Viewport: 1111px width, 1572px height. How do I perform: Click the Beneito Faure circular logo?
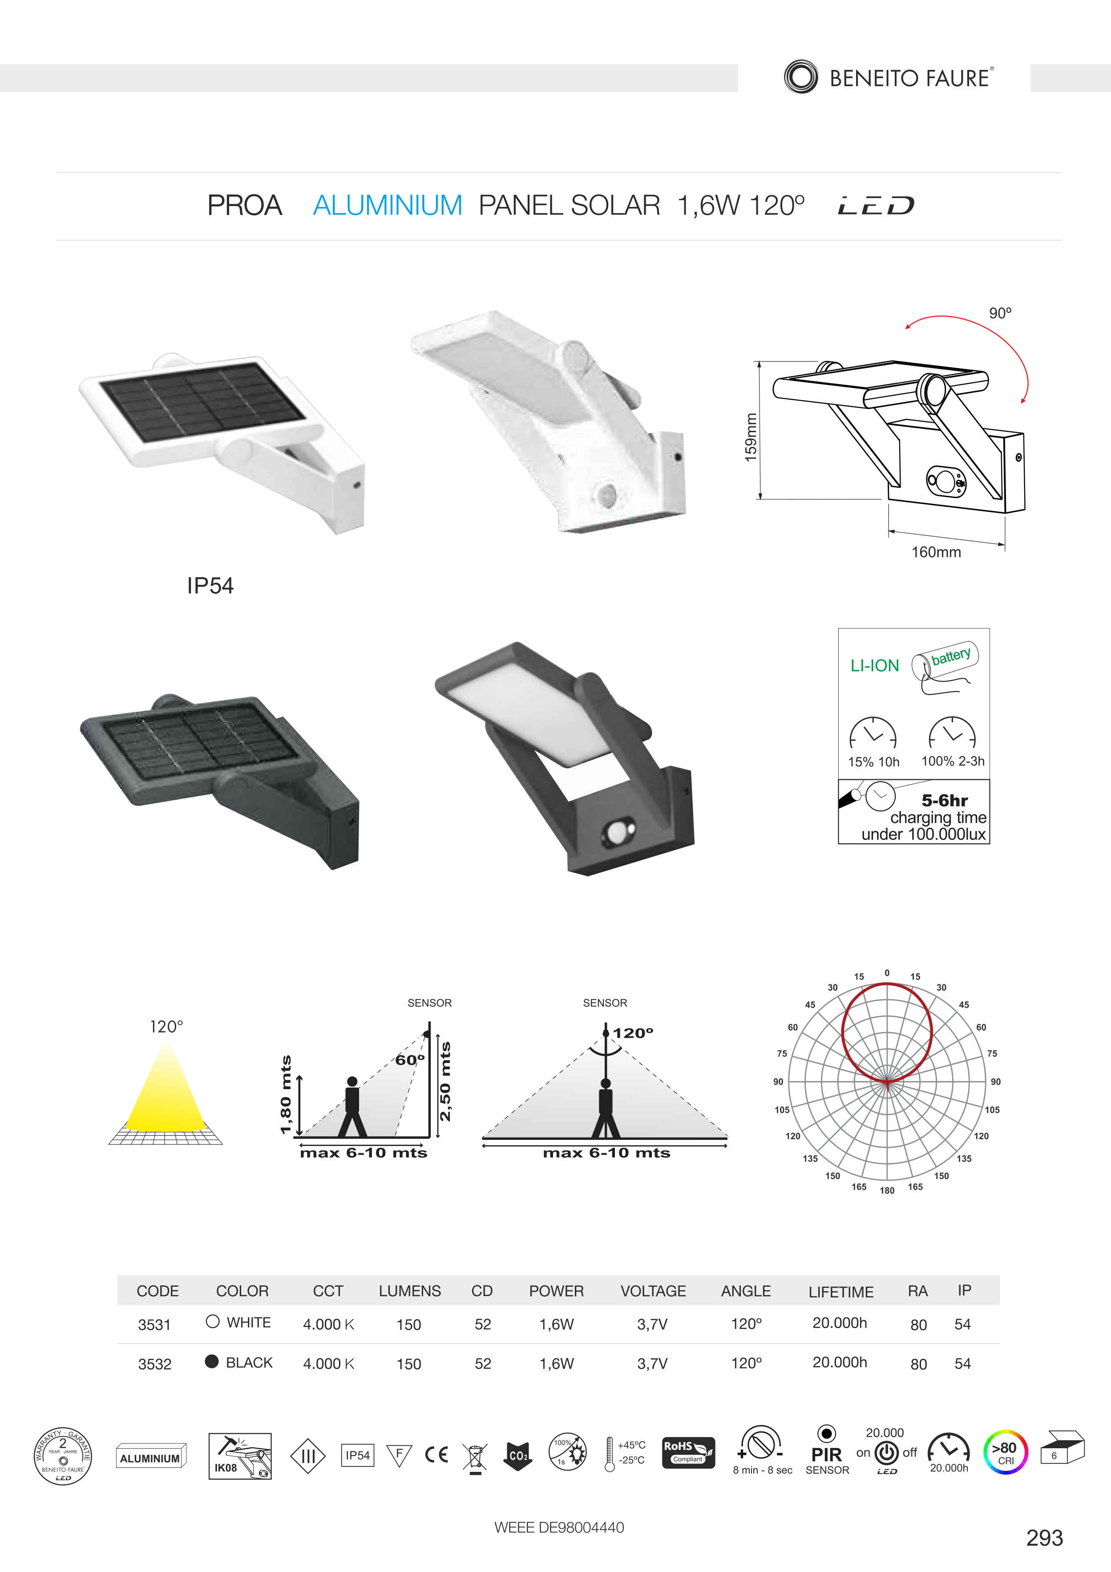(800, 77)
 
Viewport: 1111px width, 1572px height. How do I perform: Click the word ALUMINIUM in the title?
(388, 205)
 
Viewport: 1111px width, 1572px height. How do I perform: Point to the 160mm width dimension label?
(936, 552)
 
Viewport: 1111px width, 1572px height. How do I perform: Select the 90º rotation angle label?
(1000, 313)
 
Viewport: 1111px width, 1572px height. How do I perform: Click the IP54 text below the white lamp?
(210, 585)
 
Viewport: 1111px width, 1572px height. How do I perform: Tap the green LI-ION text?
(874, 665)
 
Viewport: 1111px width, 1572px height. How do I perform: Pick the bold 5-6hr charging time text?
(945, 800)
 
